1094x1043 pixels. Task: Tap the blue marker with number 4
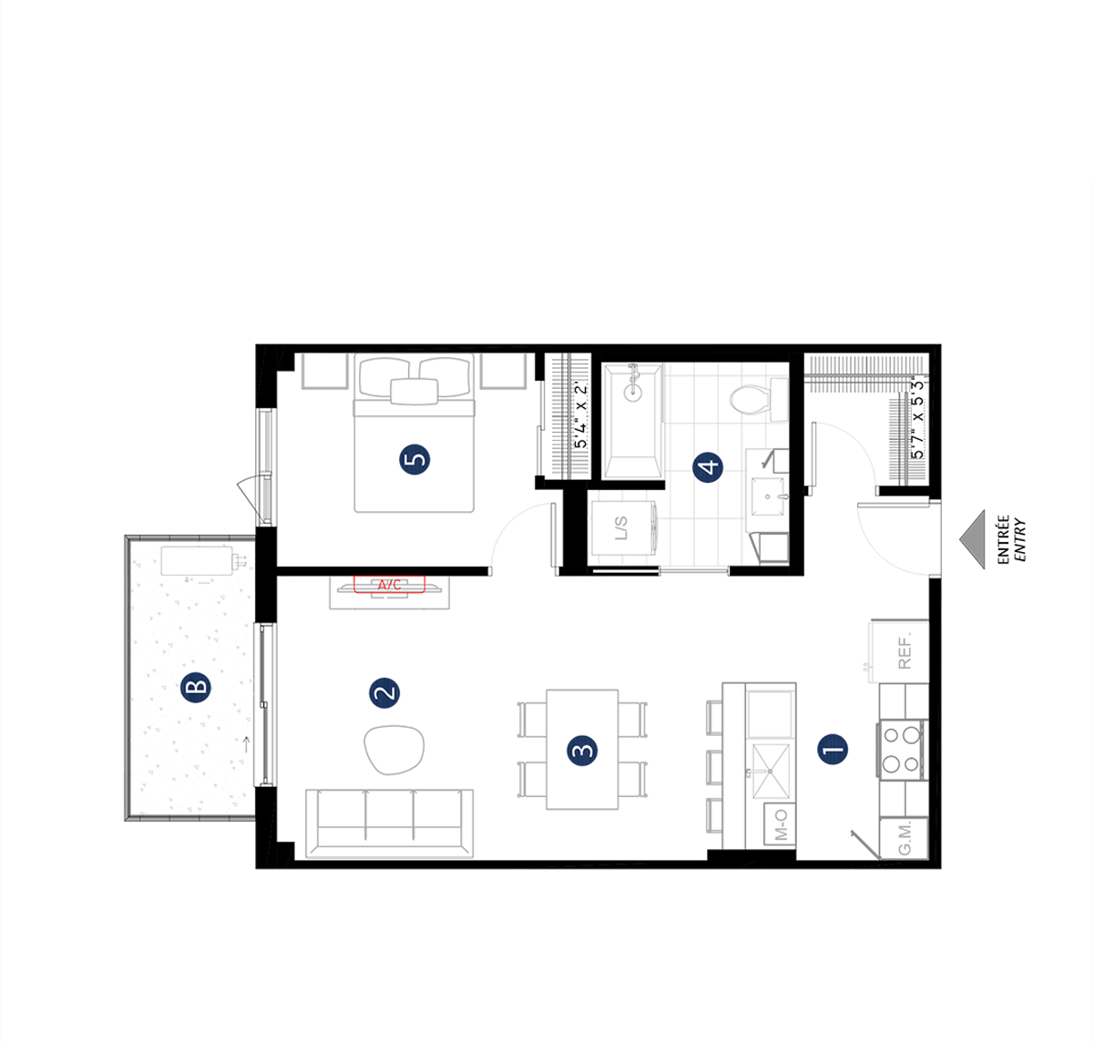coord(708,467)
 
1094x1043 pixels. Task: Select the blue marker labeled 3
coord(582,750)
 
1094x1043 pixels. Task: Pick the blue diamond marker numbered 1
coord(833,750)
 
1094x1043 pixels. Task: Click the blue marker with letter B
coord(195,687)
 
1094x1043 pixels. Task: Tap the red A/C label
coord(390,585)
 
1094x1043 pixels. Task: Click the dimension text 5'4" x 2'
coord(580,415)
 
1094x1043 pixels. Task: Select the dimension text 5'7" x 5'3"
coord(916,417)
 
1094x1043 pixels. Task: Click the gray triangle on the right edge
coord(975,537)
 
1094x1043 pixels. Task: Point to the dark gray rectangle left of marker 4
coord(635,420)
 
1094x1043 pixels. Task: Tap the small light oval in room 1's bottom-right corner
coord(903,837)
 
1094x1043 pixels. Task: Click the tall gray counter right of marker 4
coord(767,501)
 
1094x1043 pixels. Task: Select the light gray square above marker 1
coord(865,650)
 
